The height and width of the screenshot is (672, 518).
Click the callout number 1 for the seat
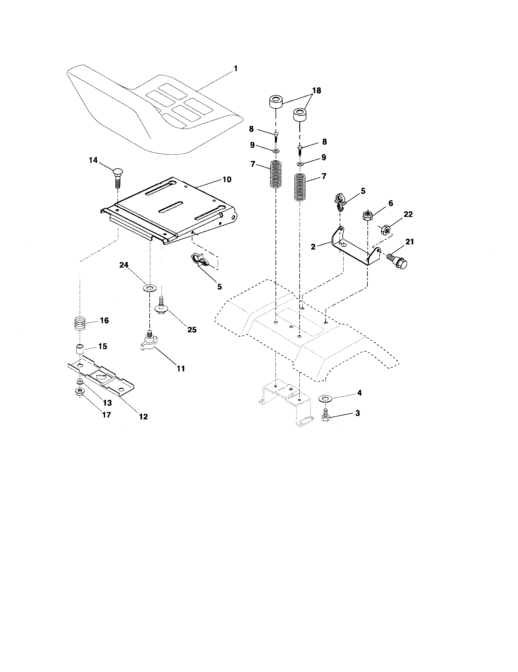point(235,69)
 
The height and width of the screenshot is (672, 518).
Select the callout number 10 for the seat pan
point(227,179)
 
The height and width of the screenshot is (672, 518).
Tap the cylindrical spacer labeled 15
point(80,350)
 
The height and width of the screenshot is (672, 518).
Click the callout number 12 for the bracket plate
point(143,417)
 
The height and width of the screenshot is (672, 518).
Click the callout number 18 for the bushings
point(316,90)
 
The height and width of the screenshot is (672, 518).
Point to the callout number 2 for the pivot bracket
point(313,247)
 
